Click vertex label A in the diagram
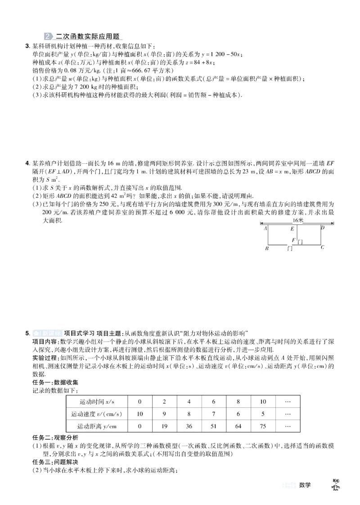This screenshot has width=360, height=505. click(265, 228)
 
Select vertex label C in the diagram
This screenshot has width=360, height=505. click(322, 247)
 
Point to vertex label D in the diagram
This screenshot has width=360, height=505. click(322, 228)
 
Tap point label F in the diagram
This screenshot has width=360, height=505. click(293, 240)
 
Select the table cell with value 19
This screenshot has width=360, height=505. click(164, 425)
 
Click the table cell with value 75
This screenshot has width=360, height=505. click(263, 425)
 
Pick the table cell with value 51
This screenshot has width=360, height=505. click(214, 425)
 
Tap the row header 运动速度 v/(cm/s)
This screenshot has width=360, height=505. click(97, 413)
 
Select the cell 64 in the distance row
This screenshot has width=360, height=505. click(238, 425)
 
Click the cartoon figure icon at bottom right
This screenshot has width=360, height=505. click(336, 484)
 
